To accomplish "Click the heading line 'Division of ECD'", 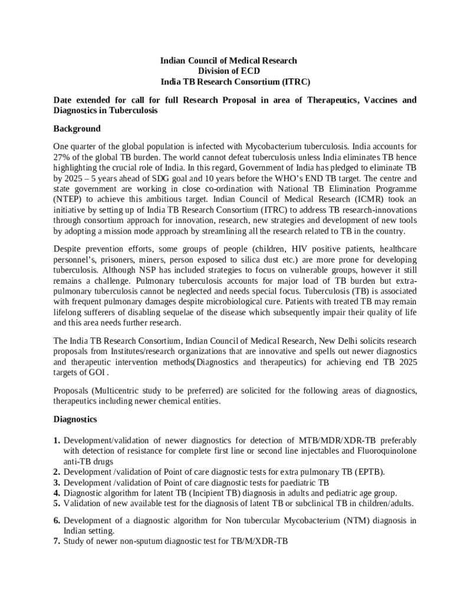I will [x=229, y=71].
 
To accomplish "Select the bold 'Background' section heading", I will [x=77, y=129].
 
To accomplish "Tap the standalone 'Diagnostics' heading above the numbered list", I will [x=75, y=419].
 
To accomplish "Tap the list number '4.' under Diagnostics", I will [x=57, y=493].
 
